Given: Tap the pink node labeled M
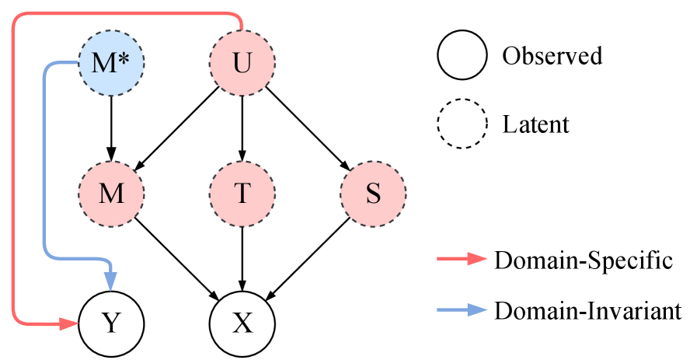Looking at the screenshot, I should click(x=111, y=193).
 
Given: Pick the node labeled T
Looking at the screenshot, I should click(x=242, y=193).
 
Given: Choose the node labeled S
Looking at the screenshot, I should click(x=373, y=193).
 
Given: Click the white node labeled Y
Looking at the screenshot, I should click(x=111, y=323).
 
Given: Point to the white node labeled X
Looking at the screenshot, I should click(x=242, y=323).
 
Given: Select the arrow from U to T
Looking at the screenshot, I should click(x=242, y=128).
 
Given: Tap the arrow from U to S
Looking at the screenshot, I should click(x=308, y=128).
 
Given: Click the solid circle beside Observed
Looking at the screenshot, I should click(x=462, y=56).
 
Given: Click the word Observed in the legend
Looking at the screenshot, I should click(x=552, y=56).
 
